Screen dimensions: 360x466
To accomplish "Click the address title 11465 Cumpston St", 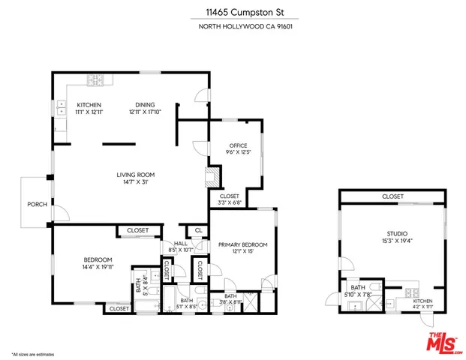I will click(233, 12).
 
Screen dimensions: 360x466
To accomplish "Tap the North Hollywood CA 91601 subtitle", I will click(233, 28).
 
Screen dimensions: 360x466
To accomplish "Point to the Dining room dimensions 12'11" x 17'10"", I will click(146, 112).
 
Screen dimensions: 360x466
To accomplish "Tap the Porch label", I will click(36, 204).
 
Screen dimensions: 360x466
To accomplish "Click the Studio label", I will click(392, 234).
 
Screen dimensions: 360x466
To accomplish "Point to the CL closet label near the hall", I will click(198, 231).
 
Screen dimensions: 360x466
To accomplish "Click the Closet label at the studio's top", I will click(392, 196).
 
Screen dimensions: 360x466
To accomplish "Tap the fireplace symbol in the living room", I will click(211, 177).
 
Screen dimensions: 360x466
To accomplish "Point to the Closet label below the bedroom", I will click(118, 308).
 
